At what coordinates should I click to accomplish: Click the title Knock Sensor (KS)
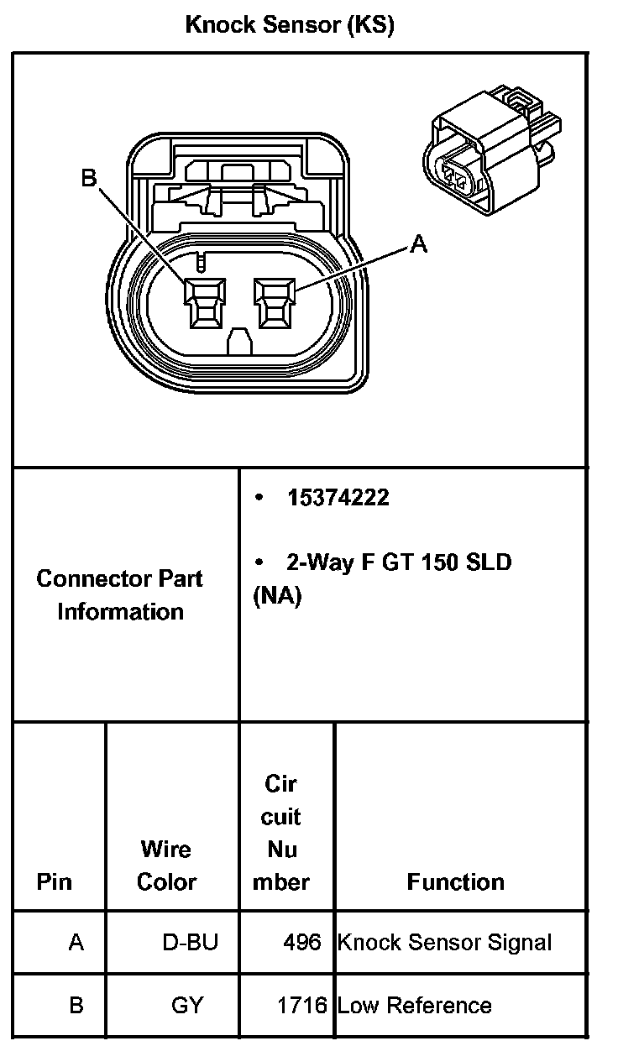click(289, 25)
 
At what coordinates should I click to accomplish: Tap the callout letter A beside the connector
click(418, 244)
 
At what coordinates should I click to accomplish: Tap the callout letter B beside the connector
click(89, 178)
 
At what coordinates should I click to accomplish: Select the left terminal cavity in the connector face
click(205, 301)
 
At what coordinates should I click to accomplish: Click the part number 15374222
click(338, 498)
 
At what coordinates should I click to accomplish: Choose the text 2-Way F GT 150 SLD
click(398, 562)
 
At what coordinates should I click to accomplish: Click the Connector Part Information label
click(120, 594)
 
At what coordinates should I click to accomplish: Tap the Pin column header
click(55, 881)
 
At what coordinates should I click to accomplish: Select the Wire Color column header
click(166, 866)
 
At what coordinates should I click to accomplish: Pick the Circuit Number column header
click(281, 832)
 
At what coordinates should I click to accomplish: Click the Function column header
click(455, 881)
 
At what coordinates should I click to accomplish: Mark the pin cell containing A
click(76, 942)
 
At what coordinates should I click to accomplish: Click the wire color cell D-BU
click(190, 942)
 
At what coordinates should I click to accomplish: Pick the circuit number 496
click(302, 942)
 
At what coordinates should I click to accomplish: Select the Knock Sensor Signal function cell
click(444, 942)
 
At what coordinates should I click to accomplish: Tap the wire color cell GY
click(187, 1005)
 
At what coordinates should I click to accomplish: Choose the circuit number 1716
click(301, 1005)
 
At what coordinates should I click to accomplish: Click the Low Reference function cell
click(414, 1005)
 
